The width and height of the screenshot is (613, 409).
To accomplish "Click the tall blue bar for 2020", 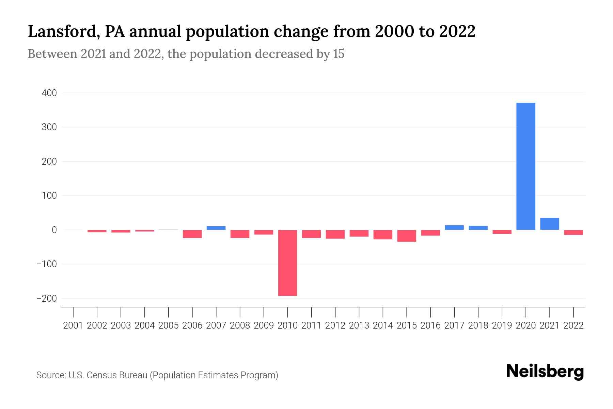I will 525,166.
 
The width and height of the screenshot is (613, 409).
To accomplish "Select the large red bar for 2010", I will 287,263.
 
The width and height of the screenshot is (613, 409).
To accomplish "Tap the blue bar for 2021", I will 549,224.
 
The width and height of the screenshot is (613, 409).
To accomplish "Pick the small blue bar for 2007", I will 216,228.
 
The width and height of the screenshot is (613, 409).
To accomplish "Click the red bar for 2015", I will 407,236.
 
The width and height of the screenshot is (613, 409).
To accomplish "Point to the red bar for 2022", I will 573,232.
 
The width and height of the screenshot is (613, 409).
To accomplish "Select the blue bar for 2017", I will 454,228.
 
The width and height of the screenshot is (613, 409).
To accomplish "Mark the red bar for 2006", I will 192,234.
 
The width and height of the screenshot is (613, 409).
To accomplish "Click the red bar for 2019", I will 502,232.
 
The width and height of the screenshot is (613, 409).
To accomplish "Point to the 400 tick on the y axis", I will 49,93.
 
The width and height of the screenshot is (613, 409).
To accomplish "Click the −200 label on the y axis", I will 47,299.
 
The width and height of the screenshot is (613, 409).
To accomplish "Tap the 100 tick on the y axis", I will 49,196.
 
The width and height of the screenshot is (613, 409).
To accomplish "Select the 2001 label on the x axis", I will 73,325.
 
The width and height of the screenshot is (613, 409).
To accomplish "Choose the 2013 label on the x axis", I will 359,325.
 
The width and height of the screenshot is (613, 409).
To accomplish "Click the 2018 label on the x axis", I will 478,325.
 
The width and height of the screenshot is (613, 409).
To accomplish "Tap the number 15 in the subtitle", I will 339,54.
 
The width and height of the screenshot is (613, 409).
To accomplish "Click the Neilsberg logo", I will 545,372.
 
